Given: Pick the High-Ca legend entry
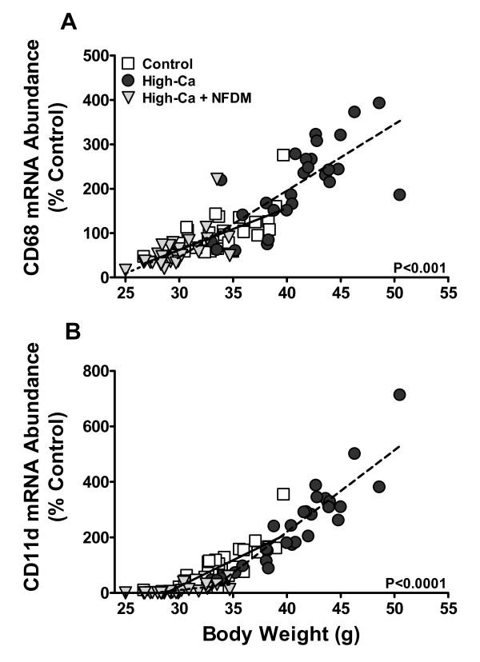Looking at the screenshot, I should [165, 80].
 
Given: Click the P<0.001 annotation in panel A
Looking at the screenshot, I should [429, 267].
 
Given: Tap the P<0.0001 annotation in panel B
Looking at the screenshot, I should [426, 583].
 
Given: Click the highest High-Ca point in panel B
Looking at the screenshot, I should [399, 394].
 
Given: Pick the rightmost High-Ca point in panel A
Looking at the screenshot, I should [399, 194].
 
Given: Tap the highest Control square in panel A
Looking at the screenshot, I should [283, 155].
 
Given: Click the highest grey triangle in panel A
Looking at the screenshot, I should [217, 178].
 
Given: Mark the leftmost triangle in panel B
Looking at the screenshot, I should [126, 592].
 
